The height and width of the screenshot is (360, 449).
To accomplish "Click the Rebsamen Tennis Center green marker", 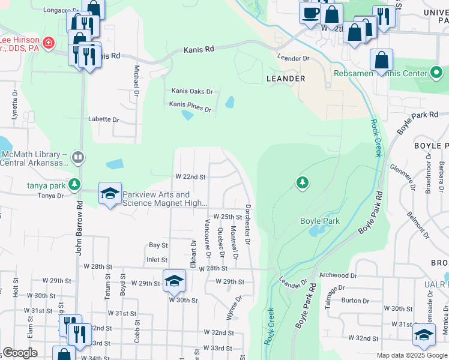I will pyautogui.click(x=437, y=74).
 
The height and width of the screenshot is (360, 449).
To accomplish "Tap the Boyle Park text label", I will pyautogui.click(x=320, y=221).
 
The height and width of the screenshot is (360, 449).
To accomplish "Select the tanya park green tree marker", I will pyautogui.click(x=74, y=184).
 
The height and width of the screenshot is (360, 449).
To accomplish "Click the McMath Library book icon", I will pyautogui.click(x=77, y=157).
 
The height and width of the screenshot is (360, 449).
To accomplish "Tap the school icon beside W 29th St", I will pyautogui.click(x=173, y=281).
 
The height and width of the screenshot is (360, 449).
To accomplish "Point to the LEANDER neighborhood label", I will pyautogui.click(x=286, y=79).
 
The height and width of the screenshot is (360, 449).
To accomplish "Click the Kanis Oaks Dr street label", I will pyautogui.click(x=192, y=91).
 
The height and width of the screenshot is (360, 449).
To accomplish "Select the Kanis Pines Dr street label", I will pyautogui.click(x=190, y=109).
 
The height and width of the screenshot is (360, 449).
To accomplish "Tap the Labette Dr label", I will pyautogui.click(x=104, y=119).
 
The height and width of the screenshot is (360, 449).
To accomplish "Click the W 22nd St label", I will pyautogui.click(x=190, y=177).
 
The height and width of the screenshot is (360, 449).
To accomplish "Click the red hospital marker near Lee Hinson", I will pyautogui.click(x=47, y=44).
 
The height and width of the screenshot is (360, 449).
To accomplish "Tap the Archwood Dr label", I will pyautogui.click(x=339, y=275).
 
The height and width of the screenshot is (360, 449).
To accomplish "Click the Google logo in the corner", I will pyautogui.click(x=20, y=353).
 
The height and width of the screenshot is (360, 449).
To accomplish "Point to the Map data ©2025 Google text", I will pyautogui.click(x=412, y=355).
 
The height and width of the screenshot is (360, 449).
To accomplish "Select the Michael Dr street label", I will pyautogui.click(x=136, y=81).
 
